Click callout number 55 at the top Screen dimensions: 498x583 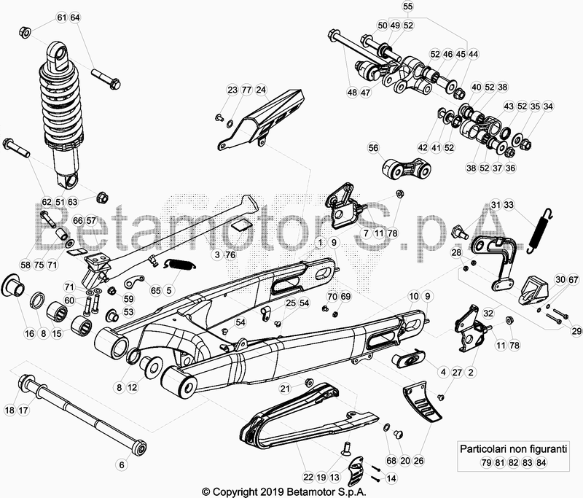[407, 7]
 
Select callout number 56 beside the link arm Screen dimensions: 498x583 [374, 148]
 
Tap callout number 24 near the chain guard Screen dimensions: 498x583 [261, 90]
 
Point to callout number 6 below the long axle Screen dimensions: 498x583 [122, 464]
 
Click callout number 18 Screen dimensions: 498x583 [9, 411]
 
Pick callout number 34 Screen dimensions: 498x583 [548, 106]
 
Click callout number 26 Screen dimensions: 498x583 [418, 460]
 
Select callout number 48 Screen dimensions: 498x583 [352, 93]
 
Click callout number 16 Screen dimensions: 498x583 [29, 334]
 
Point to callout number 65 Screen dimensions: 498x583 [155, 290]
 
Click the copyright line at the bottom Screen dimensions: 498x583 [291, 491]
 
